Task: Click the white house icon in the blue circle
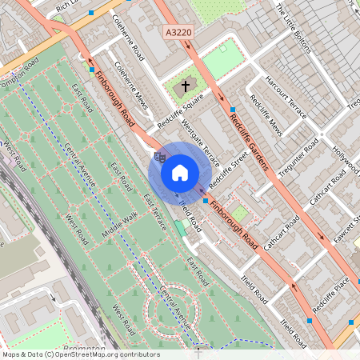point(180,173)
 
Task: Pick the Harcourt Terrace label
point(285,94)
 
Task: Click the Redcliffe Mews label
point(266,115)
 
